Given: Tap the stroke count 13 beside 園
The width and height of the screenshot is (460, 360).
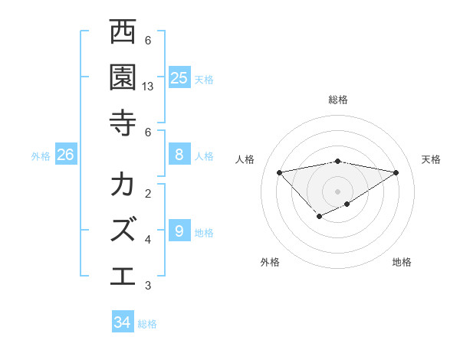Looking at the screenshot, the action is click(x=149, y=87).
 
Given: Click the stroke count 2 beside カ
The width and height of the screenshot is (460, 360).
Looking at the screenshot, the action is click(x=148, y=193).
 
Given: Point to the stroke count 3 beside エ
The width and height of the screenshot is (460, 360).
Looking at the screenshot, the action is click(x=148, y=286).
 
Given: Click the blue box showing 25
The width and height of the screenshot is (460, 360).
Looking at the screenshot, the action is click(x=179, y=77).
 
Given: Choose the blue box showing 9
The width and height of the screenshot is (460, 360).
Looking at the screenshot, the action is click(x=179, y=231).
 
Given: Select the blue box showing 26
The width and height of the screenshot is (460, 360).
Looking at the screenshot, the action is click(x=66, y=155).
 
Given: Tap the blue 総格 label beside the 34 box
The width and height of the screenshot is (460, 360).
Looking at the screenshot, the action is click(x=147, y=324).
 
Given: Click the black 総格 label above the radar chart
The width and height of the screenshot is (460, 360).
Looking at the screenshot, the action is click(x=338, y=100).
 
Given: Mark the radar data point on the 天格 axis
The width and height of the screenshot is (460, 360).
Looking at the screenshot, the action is click(x=396, y=172).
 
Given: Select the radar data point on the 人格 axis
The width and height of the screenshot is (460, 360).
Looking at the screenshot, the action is click(x=279, y=172).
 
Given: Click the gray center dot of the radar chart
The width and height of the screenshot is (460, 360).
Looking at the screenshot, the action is click(x=338, y=191).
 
